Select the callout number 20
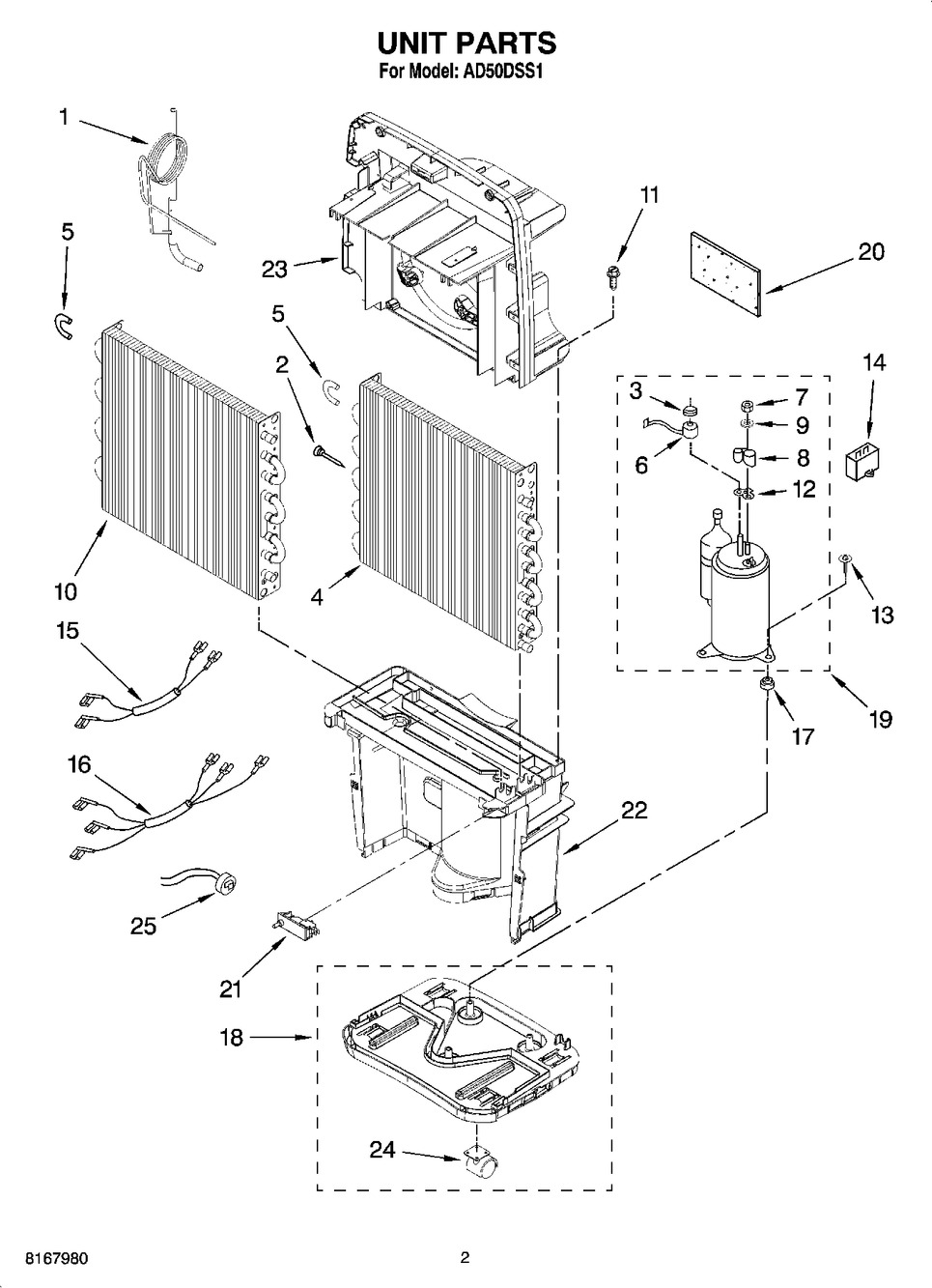click(x=871, y=252)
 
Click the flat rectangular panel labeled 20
click(x=727, y=273)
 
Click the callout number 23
click(x=274, y=269)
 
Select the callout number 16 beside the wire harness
click(x=80, y=764)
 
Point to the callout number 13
click(x=883, y=615)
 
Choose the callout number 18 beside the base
click(x=232, y=1038)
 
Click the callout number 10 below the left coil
click(x=66, y=591)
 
